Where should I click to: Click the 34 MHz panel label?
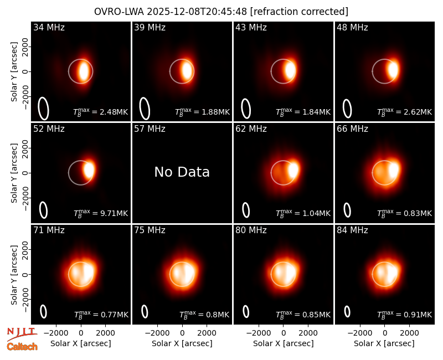[x=49, y=27]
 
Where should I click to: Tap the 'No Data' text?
[x=182, y=172]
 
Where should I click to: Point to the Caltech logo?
[x=22, y=347]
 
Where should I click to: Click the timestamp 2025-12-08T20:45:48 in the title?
[x=197, y=12]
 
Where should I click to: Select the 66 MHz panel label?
[x=352, y=129]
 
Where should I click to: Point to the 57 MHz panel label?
[x=150, y=129]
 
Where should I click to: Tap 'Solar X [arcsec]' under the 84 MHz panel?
[x=384, y=343]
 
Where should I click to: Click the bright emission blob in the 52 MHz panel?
[x=89, y=170]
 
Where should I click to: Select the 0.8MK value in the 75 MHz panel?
[x=218, y=315]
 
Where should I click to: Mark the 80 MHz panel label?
[x=251, y=230]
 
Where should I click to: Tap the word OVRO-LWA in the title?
[x=119, y=12]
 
